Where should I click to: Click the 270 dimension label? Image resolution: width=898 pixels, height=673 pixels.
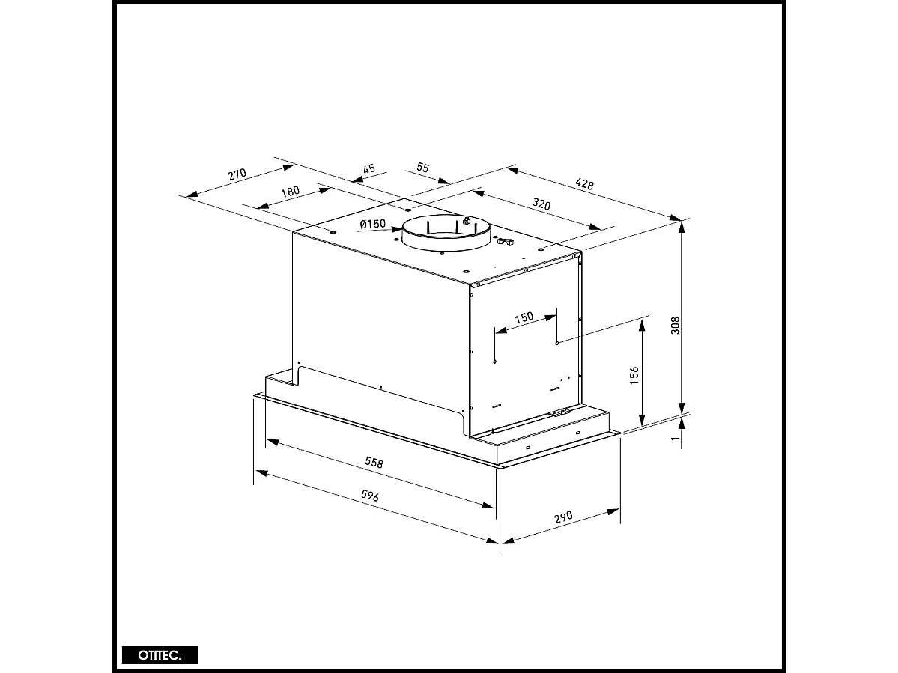point(237,175)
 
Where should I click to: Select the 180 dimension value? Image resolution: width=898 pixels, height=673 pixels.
point(290,192)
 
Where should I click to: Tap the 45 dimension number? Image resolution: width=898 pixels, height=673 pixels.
point(368,169)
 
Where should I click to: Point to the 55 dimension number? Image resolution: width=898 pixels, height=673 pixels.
point(422,168)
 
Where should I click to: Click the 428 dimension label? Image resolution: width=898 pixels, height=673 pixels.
point(584,184)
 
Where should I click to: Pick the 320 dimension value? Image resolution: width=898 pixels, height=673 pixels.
point(541,204)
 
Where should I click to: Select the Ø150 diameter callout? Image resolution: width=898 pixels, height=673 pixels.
point(372,224)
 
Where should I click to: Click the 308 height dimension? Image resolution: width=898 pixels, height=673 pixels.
point(675,325)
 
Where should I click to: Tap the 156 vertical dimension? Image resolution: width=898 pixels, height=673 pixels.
point(634,375)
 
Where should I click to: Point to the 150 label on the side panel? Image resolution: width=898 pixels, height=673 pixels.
point(524,317)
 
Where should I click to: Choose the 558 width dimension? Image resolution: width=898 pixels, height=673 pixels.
point(374,463)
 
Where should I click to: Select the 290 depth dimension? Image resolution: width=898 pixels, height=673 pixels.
point(563,517)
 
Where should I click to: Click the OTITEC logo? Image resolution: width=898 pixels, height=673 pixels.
point(160,654)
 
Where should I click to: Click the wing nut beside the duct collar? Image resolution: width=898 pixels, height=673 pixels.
point(504,243)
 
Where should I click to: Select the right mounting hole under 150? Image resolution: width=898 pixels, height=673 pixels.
point(557,343)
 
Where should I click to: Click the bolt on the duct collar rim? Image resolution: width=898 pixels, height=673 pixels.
point(465,221)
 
